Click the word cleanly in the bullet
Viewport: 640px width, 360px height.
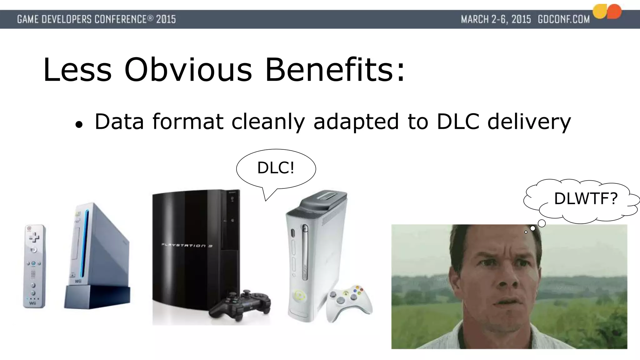[x=268, y=122]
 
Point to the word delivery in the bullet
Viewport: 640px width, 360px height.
[x=529, y=122]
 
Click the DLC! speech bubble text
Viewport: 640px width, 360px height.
[x=276, y=168]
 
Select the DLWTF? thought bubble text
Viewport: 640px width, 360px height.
[x=586, y=198]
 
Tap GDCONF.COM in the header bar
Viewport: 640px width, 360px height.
[x=563, y=19]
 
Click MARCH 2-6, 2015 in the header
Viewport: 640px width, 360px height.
[x=496, y=19]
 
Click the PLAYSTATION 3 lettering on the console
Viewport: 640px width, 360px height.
[x=187, y=245]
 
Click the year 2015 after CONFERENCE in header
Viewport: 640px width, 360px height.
[x=166, y=19]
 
